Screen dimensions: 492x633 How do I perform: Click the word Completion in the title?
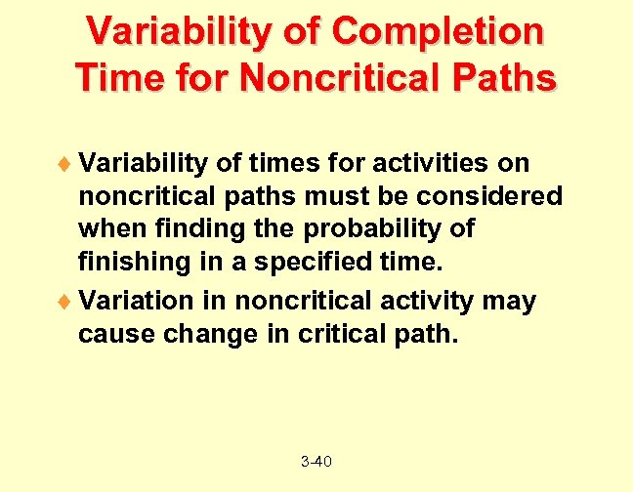tap(437, 31)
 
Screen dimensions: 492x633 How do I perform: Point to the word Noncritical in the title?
tap(336, 77)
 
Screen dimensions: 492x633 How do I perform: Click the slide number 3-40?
tap(316, 461)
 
